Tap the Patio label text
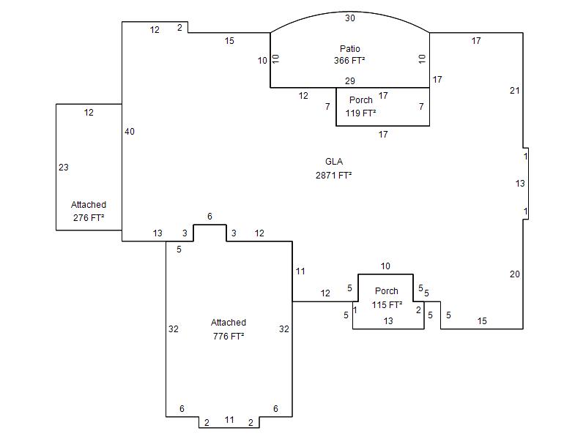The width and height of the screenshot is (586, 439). tap(350, 49)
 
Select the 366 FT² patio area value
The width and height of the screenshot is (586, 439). tap(350, 61)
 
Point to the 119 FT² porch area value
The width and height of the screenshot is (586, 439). tap(361, 113)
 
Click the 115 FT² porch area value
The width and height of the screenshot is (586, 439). tap(387, 305)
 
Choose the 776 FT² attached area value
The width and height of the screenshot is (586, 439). tap(229, 337)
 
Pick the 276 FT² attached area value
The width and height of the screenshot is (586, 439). tap(89, 218)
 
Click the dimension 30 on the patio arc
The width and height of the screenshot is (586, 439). tap(350, 18)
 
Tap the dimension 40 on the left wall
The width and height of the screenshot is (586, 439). tap(130, 132)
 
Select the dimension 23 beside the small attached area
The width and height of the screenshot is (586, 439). tap(64, 168)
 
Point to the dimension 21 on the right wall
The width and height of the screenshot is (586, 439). tap(515, 91)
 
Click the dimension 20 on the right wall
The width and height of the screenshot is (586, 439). tap(515, 274)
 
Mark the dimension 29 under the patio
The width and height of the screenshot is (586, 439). tap(350, 80)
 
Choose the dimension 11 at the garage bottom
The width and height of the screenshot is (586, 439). tap(229, 420)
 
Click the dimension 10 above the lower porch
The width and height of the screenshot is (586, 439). tap(385, 266)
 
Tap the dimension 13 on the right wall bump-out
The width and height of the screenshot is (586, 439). tap(520, 184)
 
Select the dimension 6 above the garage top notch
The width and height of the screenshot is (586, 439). tap(209, 217)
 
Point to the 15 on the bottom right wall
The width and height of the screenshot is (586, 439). tap(482, 321)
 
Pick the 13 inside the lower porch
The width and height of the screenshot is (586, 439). tap(388, 321)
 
